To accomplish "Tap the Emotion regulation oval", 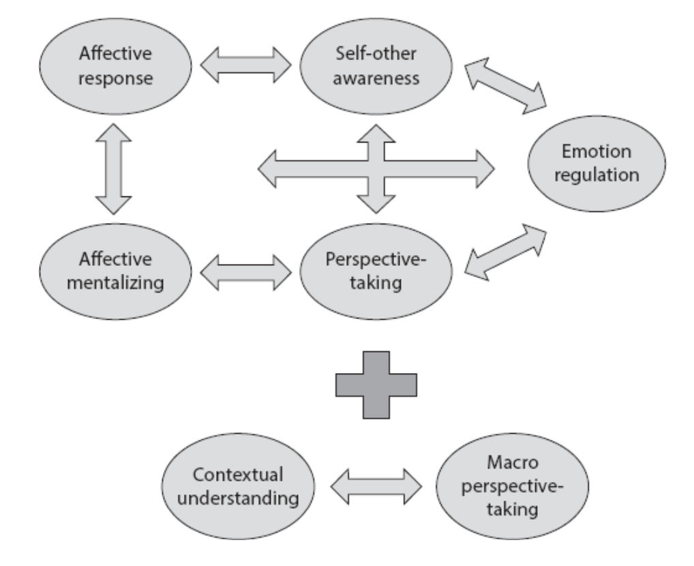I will [597, 163].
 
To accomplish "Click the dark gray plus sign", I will [376, 385].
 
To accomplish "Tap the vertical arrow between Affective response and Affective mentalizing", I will [112, 168].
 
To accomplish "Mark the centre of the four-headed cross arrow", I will [376, 168].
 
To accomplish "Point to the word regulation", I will [597, 174].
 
